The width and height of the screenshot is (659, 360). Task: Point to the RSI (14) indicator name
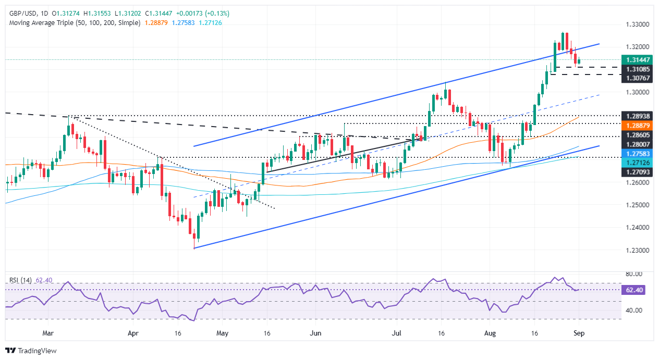pyautogui.click(x=21, y=280)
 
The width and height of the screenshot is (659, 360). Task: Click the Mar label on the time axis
pyautogui.click(x=48, y=332)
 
